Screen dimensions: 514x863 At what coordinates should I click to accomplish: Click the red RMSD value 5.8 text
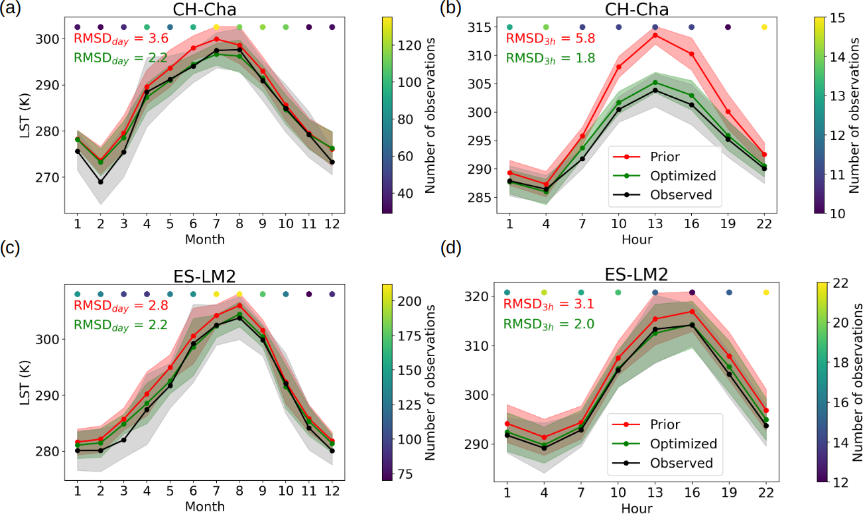click(550, 39)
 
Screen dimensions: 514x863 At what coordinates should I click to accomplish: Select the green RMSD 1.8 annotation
click(550, 58)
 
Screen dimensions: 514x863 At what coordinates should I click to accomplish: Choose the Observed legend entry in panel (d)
click(681, 463)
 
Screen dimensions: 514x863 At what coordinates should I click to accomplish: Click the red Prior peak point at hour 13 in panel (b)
click(655, 34)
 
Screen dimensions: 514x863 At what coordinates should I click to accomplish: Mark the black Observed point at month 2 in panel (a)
click(101, 182)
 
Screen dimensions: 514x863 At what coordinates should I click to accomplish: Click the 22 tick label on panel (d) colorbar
click(841, 283)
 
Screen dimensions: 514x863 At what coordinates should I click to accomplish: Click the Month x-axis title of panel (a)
click(205, 239)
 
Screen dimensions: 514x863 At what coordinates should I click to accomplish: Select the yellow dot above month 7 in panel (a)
click(216, 27)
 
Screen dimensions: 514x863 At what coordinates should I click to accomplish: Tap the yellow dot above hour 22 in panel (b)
click(764, 27)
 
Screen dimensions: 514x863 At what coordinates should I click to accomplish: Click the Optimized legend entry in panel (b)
click(683, 176)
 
